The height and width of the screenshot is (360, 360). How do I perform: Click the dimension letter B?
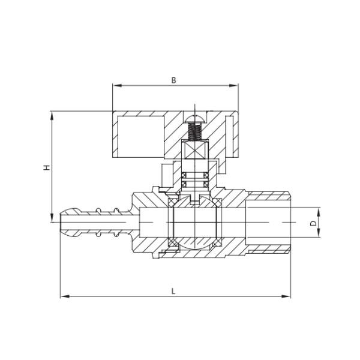point(173,80)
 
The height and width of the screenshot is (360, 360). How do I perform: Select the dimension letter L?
point(173,291)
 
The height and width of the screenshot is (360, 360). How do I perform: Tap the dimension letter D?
point(313,223)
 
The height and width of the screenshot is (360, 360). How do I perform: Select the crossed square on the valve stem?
point(193,151)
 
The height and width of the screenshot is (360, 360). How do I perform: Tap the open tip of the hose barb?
point(62,223)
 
